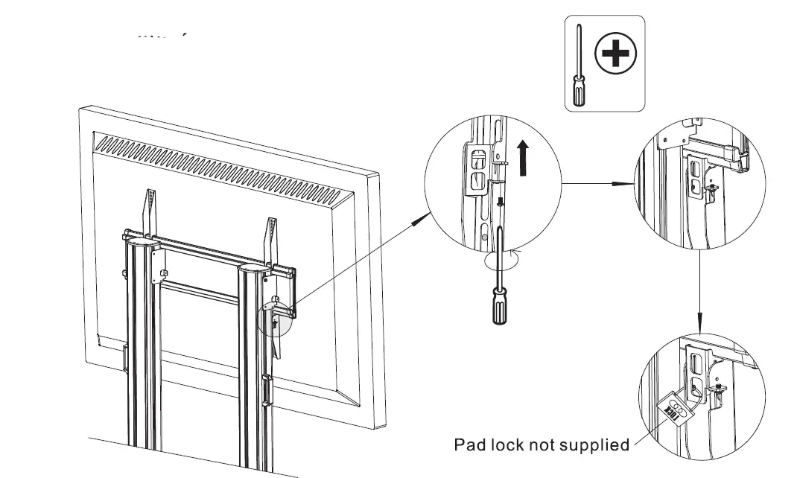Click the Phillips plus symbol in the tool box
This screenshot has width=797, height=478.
tap(616, 55)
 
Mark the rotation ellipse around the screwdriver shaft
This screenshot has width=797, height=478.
tap(500, 261)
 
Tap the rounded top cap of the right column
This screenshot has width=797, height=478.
tap(255, 270)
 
